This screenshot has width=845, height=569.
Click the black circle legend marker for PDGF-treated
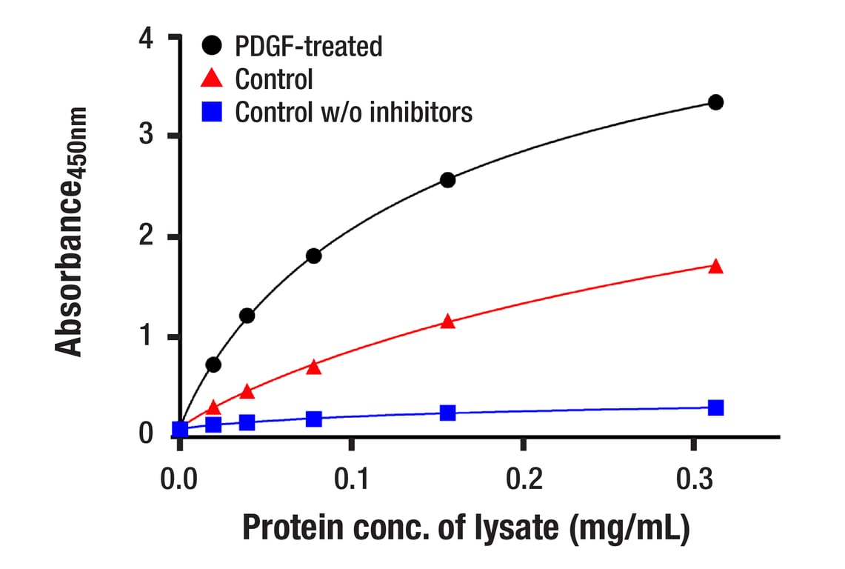coord(212,47)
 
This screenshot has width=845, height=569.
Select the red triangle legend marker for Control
coord(212,78)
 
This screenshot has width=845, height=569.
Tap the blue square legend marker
coord(212,112)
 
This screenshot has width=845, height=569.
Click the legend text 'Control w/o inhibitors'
coord(353,112)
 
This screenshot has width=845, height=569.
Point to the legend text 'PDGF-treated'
coord(309,47)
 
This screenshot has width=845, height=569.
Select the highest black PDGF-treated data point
coord(715,102)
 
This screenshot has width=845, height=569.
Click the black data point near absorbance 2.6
coord(447,180)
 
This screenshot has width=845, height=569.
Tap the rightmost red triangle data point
coord(715,267)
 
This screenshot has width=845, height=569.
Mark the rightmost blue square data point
coord(715,407)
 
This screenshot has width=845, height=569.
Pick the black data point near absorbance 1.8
coord(313,256)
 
